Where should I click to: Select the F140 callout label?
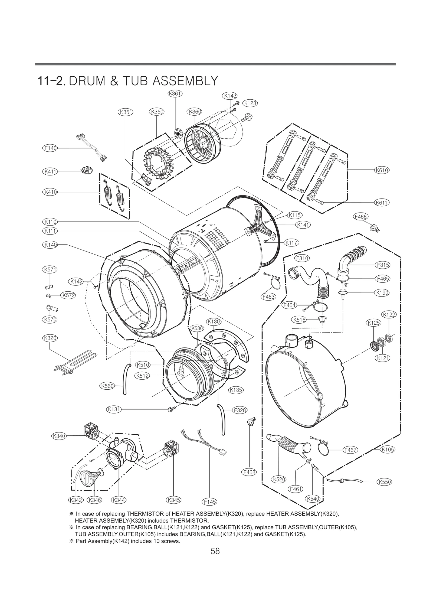coord(50,148)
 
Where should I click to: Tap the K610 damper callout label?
coord(382,170)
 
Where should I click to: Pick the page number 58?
coord(215,551)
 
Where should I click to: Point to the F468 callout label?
coord(249,472)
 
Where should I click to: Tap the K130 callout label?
coord(214,322)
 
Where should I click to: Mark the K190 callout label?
coord(382,293)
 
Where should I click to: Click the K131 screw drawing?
coord(172,409)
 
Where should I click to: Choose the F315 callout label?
coord(383,265)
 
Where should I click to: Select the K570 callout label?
coord(50,320)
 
